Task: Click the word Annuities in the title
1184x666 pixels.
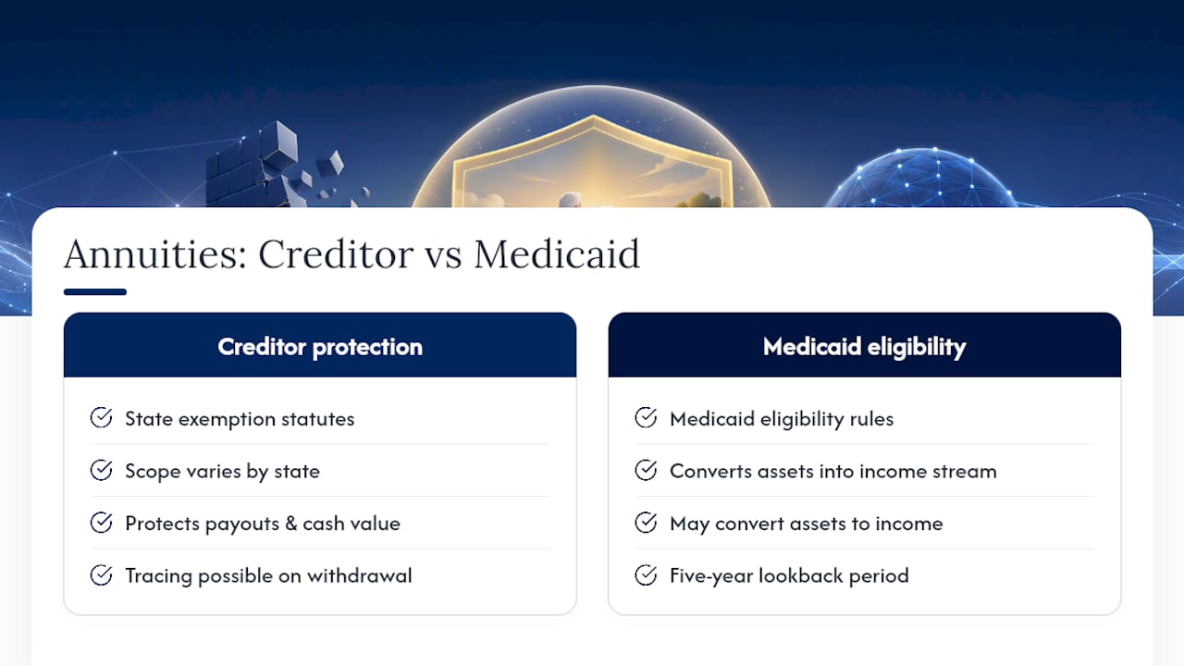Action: click(155, 254)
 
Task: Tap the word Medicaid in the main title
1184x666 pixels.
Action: click(557, 254)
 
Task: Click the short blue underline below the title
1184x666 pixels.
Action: click(95, 291)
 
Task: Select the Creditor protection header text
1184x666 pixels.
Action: click(320, 347)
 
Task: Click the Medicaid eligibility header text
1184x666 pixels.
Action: click(864, 347)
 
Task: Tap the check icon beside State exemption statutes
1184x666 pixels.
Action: click(101, 417)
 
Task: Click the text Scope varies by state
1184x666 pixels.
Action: click(223, 472)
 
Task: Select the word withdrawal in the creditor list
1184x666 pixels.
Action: click(360, 575)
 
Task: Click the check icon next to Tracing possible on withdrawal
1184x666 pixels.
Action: click(101, 575)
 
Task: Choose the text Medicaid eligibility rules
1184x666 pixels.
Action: click(782, 419)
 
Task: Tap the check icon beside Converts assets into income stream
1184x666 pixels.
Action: click(646, 470)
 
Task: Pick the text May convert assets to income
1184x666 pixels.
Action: click(806, 524)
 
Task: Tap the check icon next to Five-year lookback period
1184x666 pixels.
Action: click(646, 575)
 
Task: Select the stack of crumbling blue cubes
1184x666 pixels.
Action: click(275, 166)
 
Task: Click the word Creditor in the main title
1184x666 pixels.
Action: click(336, 254)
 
